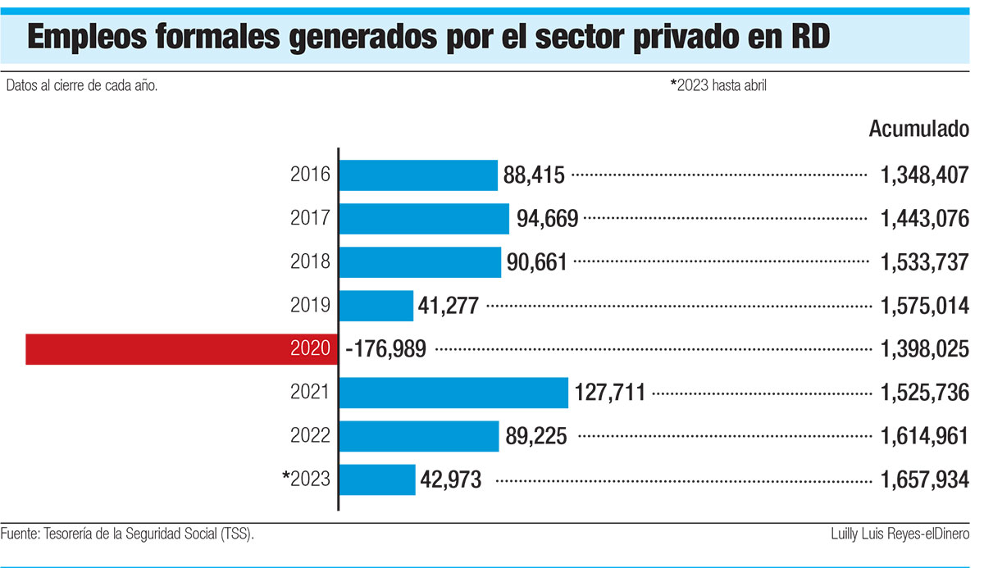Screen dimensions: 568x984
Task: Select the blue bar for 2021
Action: coord(453,393)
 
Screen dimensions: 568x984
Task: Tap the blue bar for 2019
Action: coord(376,306)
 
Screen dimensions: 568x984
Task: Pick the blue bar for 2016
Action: coord(418,175)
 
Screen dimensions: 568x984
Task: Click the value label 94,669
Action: coord(548,219)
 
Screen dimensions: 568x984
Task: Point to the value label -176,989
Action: coord(386,350)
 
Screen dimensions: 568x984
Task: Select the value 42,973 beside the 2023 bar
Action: coord(451,480)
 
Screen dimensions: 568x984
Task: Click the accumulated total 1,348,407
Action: coord(925,175)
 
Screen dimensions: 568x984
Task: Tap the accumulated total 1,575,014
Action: coord(925,306)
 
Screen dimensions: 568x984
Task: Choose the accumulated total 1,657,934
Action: coord(925,480)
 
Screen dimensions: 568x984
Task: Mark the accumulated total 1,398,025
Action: coord(925,350)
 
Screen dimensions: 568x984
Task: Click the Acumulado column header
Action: coord(918,130)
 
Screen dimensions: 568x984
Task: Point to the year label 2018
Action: coord(310,262)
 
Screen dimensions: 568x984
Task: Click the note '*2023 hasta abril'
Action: coord(718,84)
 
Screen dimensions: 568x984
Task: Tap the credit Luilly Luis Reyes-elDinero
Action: coord(900,534)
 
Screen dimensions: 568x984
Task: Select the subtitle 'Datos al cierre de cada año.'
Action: coord(81,84)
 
